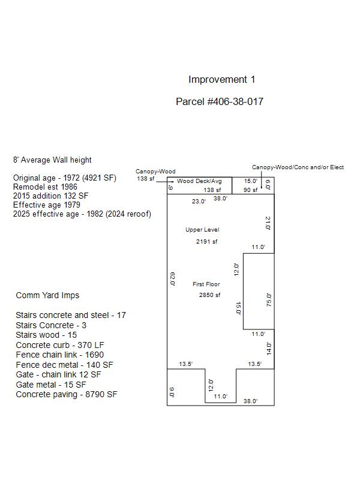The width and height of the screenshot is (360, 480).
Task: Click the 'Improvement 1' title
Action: (x=221, y=80)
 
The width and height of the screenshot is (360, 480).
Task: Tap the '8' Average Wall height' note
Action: (x=52, y=160)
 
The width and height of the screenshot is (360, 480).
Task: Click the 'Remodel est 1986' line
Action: (x=45, y=187)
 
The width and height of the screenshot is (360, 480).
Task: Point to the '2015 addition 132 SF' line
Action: (x=50, y=196)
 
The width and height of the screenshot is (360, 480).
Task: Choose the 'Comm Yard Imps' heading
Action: (x=47, y=295)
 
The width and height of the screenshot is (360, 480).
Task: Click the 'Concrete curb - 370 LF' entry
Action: (x=60, y=345)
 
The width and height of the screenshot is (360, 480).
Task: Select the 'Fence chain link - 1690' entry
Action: (x=59, y=355)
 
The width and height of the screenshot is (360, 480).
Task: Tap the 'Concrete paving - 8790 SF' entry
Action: (x=67, y=394)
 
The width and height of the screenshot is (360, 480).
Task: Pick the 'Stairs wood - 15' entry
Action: (x=46, y=335)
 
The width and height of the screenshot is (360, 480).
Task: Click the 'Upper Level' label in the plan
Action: (x=202, y=230)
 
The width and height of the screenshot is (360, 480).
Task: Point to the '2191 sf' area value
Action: (x=206, y=242)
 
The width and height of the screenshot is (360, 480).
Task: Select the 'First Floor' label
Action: (x=206, y=284)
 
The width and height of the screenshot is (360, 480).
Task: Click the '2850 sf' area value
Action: (x=209, y=295)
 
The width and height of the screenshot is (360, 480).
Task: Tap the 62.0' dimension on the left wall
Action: (x=173, y=279)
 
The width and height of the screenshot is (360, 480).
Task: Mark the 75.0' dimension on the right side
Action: (x=269, y=300)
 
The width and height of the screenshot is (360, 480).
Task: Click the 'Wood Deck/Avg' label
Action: (x=199, y=181)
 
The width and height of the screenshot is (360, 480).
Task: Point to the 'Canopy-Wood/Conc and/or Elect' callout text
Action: (x=298, y=167)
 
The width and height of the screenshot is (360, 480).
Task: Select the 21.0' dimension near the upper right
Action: (x=268, y=223)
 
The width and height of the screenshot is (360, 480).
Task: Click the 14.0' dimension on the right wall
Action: (x=269, y=349)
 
